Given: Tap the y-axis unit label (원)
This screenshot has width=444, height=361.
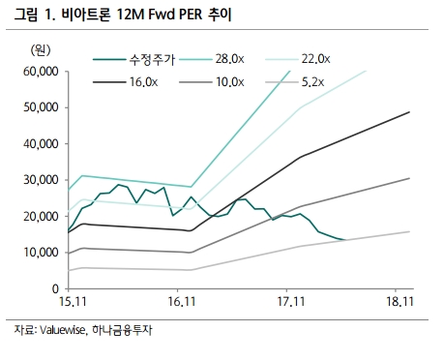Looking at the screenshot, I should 40,48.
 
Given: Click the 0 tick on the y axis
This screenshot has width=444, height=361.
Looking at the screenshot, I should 55,288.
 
